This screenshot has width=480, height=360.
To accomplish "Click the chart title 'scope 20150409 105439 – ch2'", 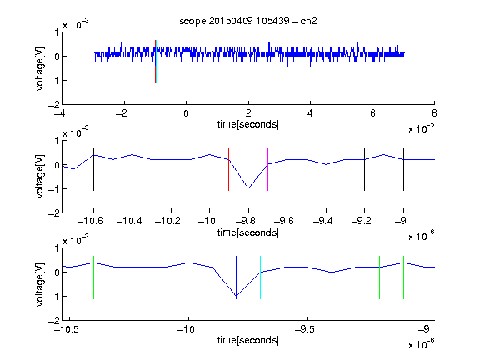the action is tap(248, 21).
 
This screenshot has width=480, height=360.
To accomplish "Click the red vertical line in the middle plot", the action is tap(228, 170).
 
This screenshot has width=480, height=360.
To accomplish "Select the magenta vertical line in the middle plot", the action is tap(267, 170).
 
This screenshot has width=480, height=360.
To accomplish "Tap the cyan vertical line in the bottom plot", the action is tap(260, 277).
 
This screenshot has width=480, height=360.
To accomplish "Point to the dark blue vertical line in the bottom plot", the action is tap(236, 277).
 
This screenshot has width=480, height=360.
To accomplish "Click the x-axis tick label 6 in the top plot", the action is tap(372, 113).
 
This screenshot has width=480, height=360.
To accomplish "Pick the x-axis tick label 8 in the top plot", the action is tap(434, 113).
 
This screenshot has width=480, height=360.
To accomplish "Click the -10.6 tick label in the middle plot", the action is tap(90, 221).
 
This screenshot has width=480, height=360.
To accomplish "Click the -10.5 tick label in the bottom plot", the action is tap(67, 329).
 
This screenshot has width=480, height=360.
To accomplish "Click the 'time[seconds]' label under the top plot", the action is tap(248, 124).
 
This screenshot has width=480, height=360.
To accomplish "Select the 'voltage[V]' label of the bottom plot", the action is tap(40, 284).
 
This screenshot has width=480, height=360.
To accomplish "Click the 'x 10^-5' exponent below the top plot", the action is tap(422, 128).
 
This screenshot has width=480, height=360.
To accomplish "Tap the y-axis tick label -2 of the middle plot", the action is tap(53, 213).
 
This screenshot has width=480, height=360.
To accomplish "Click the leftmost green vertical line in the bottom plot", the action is tap(93, 277).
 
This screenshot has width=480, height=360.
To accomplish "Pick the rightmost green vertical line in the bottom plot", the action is tap(403, 277).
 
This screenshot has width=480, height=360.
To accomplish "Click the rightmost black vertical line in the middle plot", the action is tap(403, 170).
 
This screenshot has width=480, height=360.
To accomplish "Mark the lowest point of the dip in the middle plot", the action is tap(248, 188).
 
